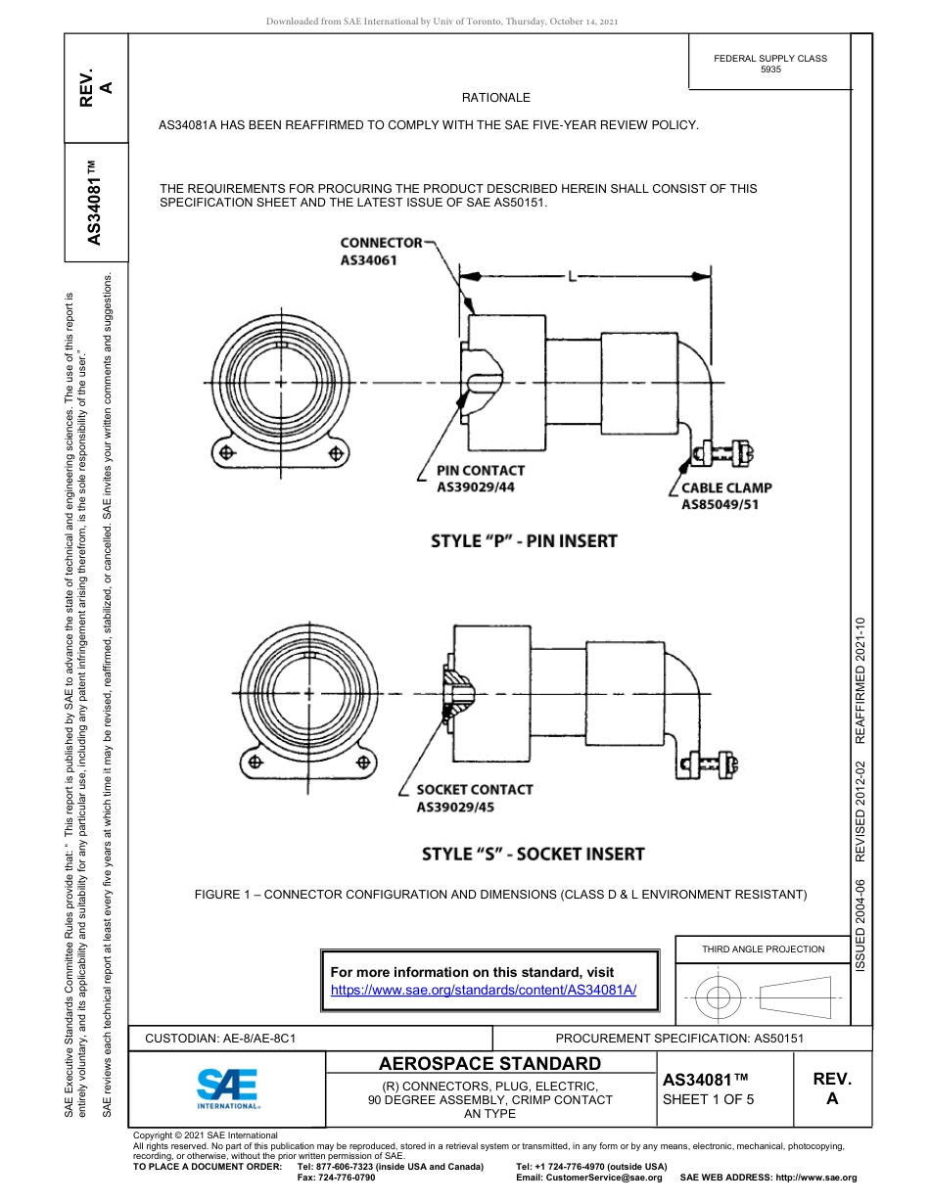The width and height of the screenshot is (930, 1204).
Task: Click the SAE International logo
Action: tap(227, 1088)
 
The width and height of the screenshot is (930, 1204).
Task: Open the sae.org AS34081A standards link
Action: tap(484, 990)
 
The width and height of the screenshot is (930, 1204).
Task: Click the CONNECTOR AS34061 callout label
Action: tap(381, 252)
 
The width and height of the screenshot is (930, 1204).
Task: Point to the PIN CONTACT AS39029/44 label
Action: tap(480, 478)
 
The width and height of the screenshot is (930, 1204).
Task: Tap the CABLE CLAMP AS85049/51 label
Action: tap(726, 495)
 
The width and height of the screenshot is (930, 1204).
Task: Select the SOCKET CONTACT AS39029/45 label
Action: tap(474, 798)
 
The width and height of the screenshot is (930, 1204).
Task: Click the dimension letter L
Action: tap(571, 278)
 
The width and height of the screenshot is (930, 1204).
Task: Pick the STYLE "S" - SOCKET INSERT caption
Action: tap(533, 854)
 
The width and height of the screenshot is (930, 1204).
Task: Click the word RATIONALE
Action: tap(495, 98)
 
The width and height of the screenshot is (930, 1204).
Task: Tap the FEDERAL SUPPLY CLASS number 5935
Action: tap(770, 70)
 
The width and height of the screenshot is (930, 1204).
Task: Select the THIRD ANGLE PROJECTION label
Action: tap(763, 949)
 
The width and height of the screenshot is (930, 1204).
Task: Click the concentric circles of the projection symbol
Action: tap(719, 998)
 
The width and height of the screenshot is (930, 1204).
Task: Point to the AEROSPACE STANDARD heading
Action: tap(489, 1064)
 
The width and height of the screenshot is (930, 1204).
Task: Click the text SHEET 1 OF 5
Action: tap(708, 1099)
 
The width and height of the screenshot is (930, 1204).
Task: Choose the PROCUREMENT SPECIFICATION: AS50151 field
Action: tap(679, 1038)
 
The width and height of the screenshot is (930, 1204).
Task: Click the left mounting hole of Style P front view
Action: tap(226, 452)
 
